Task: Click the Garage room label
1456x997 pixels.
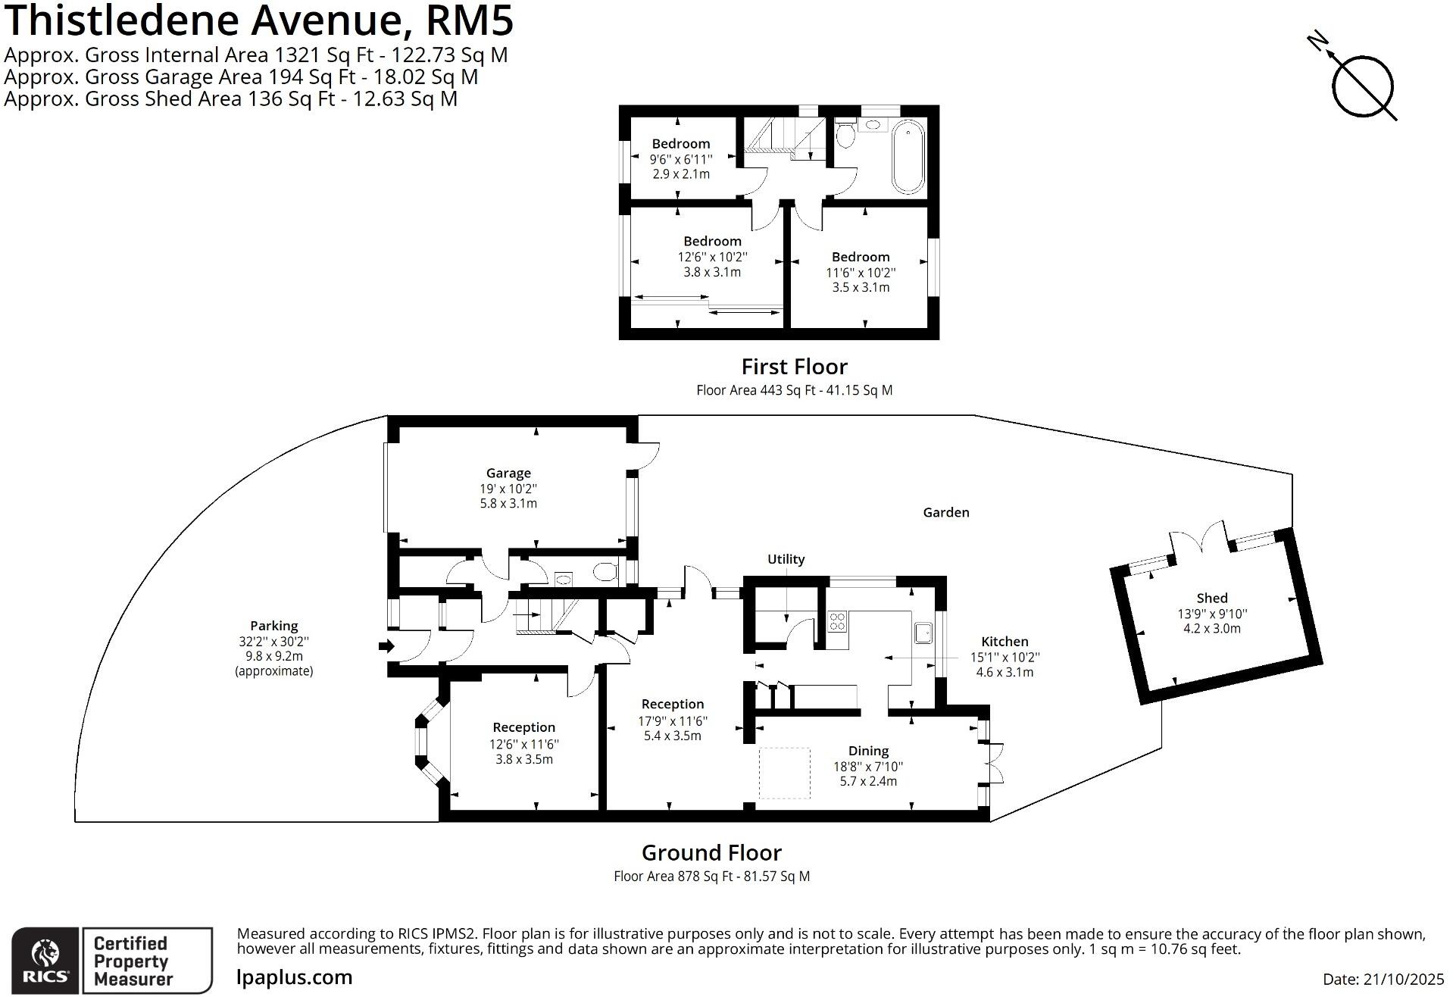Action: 508,473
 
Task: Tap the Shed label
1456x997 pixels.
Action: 1212,599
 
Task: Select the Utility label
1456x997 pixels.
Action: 786,559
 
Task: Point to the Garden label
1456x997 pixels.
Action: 945,513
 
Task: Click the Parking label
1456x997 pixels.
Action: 273,626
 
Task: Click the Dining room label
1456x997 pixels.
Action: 868,751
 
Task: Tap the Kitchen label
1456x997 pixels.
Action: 1005,642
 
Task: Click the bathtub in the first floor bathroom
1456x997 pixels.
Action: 908,160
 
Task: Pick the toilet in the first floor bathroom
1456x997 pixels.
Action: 846,135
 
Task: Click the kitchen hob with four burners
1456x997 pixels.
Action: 837,622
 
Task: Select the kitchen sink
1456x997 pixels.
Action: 923,633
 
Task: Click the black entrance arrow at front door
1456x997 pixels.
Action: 386,646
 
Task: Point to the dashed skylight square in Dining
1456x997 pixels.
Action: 784,773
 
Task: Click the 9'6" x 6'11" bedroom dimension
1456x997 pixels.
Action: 681,159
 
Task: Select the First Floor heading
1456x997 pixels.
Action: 794,367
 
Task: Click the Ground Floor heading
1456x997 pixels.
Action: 711,853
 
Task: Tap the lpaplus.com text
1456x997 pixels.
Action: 295,977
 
